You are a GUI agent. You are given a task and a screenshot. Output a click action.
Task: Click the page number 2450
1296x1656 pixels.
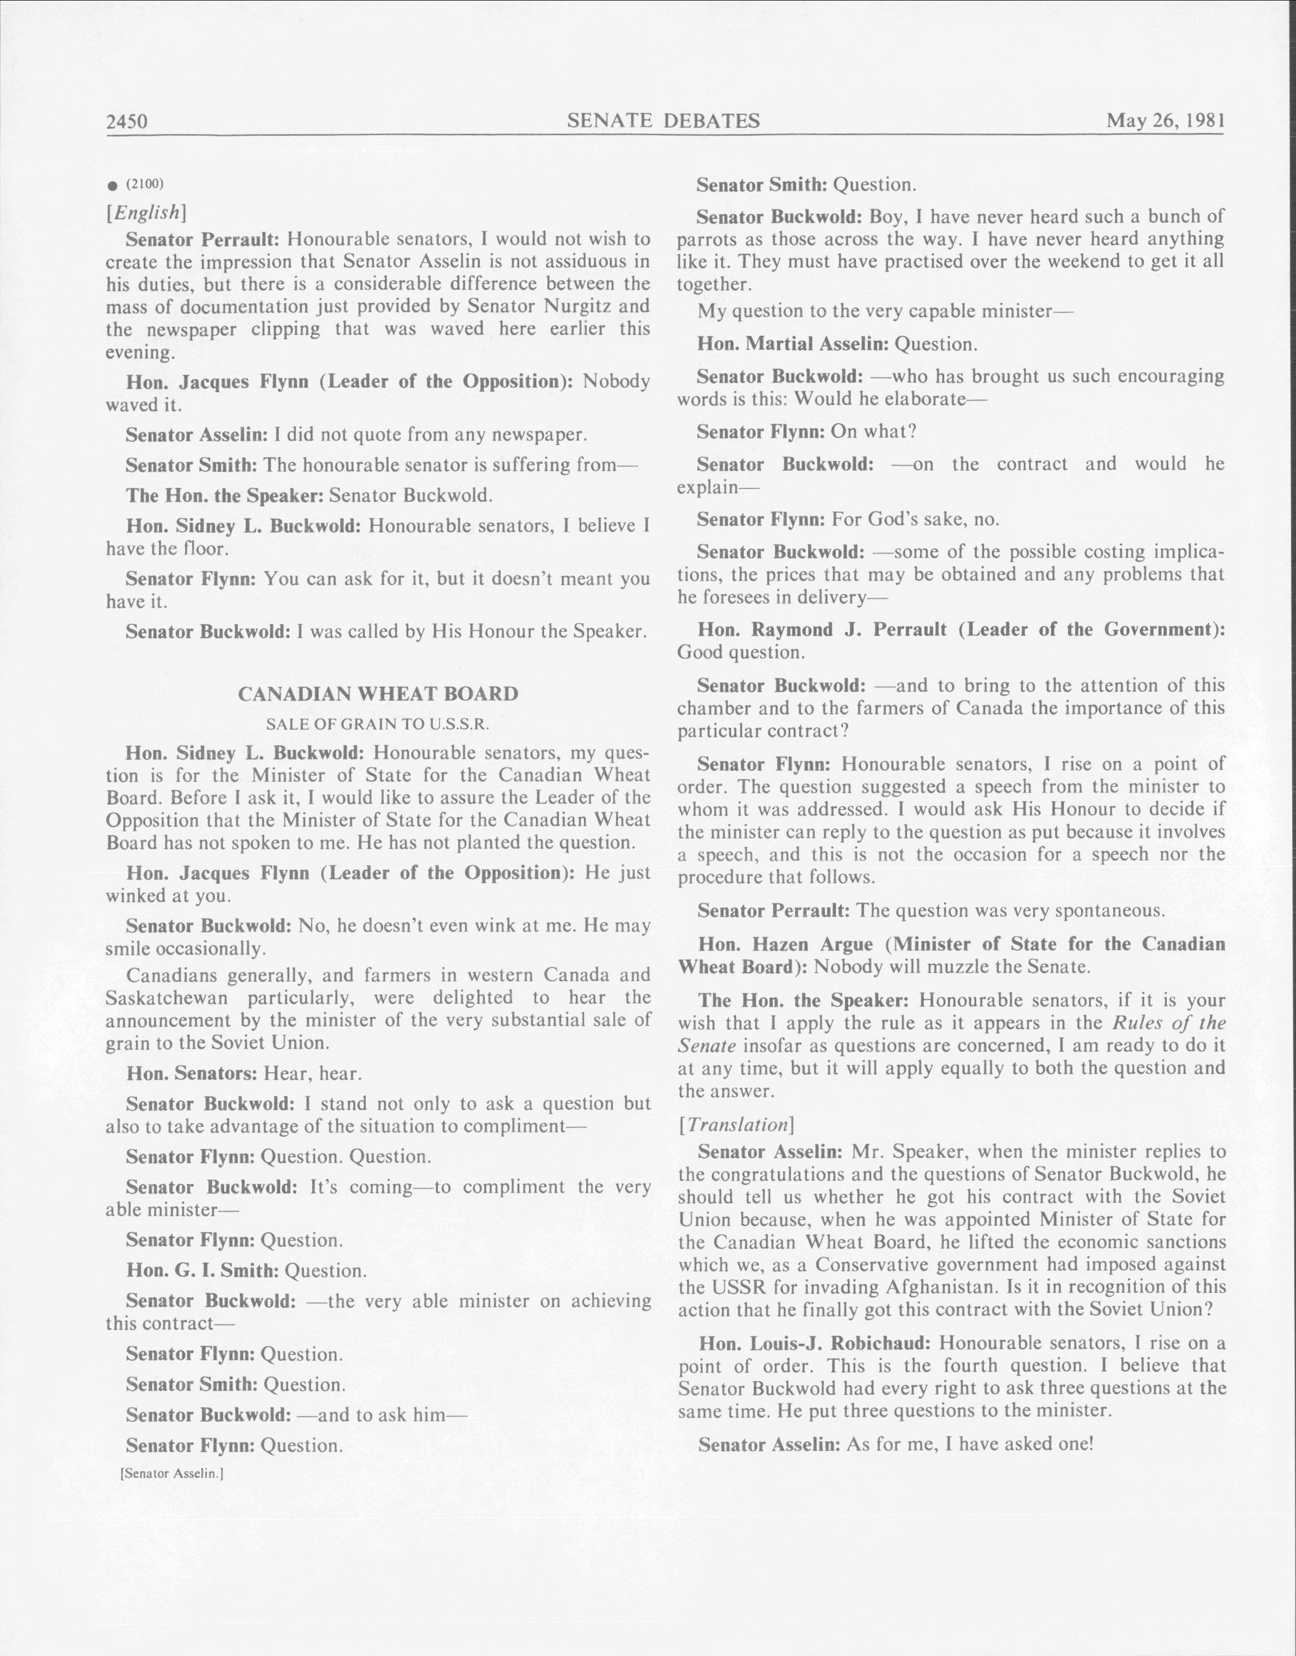(x=126, y=122)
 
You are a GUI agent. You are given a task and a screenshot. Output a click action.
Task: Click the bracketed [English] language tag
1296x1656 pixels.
(x=145, y=213)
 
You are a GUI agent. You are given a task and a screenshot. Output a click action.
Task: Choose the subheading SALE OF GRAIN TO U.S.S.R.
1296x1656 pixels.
(x=378, y=724)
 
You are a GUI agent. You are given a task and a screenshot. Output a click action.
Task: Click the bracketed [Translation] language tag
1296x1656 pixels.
(x=736, y=1124)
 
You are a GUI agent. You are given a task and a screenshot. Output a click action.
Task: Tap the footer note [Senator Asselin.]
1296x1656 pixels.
(x=171, y=1473)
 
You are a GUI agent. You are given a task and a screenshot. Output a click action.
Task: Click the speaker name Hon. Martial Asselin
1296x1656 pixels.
(x=792, y=345)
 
